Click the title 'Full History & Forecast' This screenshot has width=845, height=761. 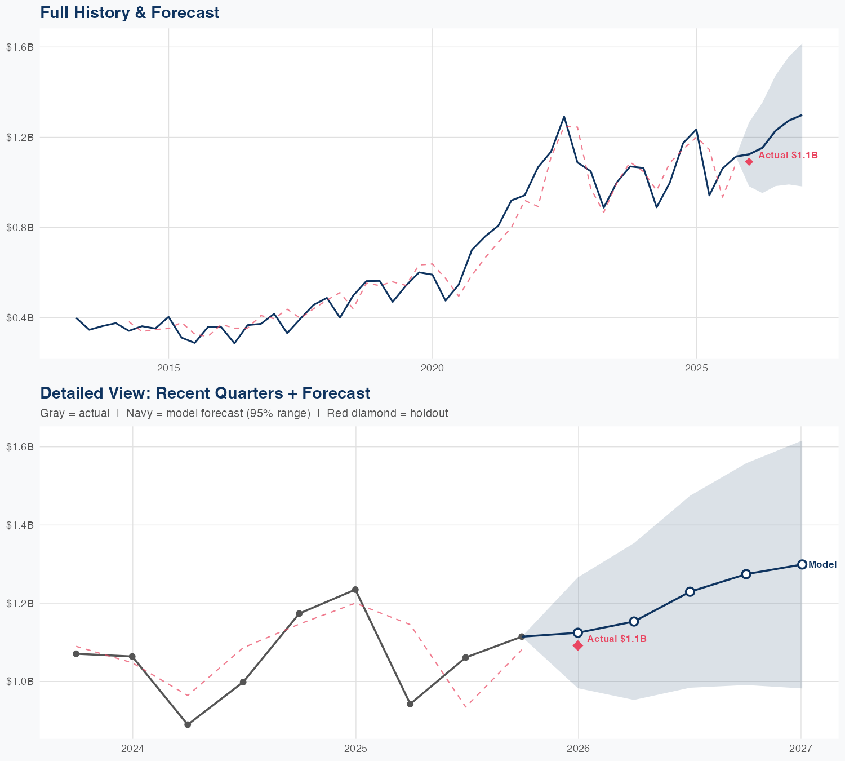[x=130, y=12]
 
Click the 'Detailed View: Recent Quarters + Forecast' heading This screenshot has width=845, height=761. [x=205, y=393]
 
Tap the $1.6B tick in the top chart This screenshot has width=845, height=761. [x=20, y=47]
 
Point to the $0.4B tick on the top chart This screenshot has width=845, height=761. [x=20, y=318]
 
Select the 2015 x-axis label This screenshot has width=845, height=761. [x=168, y=368]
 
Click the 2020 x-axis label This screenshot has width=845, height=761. [x=432, y=368]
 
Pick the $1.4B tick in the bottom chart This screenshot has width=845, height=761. [x=20, y=525]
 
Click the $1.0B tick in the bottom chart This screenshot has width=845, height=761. [x=20, y=682]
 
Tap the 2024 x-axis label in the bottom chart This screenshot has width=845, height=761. [x=132, y=749]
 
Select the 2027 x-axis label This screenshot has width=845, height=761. [x=800, y=749]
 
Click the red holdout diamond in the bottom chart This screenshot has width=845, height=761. [x=578, y=645]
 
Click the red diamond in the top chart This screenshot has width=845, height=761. [x=749, y=162]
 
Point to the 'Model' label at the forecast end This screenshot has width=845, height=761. [x=822, y=565]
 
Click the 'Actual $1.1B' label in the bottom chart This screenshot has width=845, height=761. [x=617, y=639]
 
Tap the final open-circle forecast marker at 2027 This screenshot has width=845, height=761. [x=802, y=564]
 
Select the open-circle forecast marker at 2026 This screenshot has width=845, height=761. [x=578, y=632]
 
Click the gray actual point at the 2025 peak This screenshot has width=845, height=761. [x=355, y=590]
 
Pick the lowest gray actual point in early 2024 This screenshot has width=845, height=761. [x=188, y=724]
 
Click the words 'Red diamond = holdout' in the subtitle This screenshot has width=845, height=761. [x=387, y=413]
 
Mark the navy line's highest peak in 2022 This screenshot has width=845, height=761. [x=564, y=117]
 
